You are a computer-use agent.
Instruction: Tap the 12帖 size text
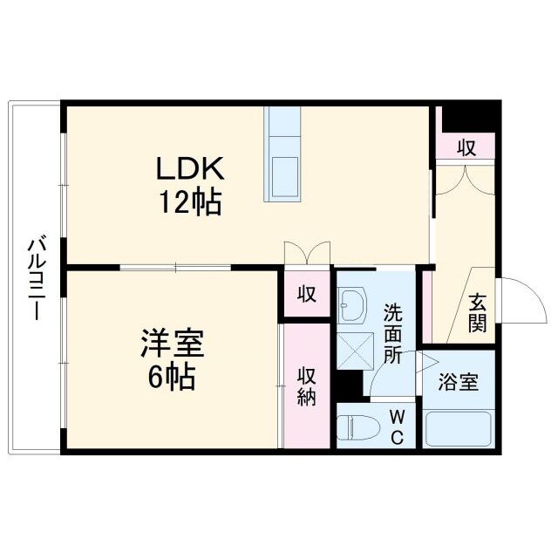(x=189, y=202)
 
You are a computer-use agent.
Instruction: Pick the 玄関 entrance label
(x=477, y=311)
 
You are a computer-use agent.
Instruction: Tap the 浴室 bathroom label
(x=458, y=382)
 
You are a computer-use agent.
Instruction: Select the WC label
(x=395, y=426)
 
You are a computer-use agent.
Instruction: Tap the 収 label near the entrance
(x=467, y=147)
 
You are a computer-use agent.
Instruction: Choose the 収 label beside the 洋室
(x=305, y=293)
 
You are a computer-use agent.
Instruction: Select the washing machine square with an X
(x=354, y=349)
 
